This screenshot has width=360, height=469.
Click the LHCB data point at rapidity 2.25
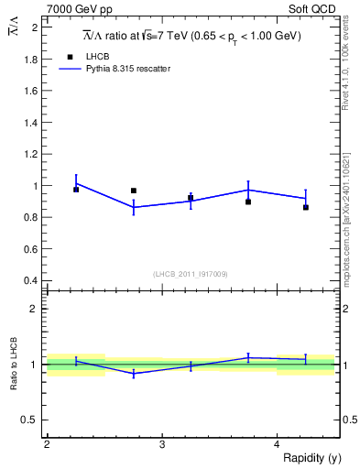click(x=76, y=190)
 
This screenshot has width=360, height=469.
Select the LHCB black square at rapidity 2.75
click(x=134, y=191)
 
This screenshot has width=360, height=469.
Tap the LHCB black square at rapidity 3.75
click(x=248, y=202)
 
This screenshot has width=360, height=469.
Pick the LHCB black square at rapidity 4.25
click(x=306, y=208)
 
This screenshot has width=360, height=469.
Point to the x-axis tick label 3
click(x=161, y=444)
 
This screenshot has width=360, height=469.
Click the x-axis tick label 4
click(x=277, y=444)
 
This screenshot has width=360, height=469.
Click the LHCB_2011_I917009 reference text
click(x=190, y=274)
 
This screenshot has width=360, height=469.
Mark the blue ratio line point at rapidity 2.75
click(x=134, y=374)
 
